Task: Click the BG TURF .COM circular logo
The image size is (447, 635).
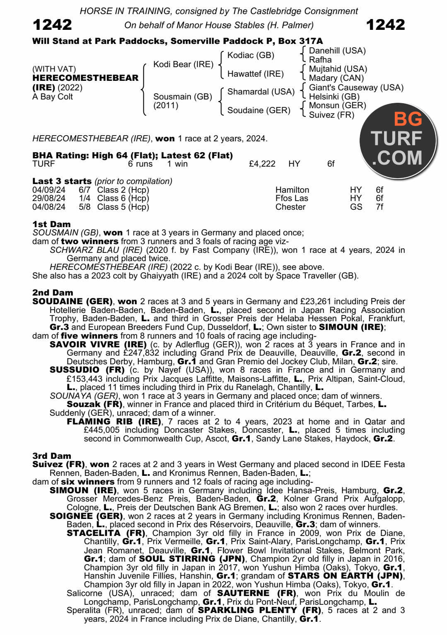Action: (398, 139)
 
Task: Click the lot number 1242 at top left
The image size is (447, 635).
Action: (52, 25)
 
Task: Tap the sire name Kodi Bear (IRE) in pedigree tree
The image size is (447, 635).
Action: (183, 64)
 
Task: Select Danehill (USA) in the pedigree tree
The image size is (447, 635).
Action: (337, 51)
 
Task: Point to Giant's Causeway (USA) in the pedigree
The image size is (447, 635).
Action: (356, 87)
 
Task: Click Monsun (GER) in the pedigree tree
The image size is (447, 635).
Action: (337, 105)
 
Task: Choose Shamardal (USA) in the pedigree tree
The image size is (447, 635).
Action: (261, 92)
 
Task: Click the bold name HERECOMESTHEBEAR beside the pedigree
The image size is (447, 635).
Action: (85, 78)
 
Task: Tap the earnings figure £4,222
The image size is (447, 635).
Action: (262, 164)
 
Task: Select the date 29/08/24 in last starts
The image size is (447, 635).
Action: (49, 198)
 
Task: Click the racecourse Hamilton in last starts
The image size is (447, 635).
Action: (292, 190)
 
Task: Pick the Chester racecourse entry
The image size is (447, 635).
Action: (290, 207)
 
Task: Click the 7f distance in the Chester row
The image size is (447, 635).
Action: (379, 207)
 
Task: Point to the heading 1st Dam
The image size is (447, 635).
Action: (51, 224)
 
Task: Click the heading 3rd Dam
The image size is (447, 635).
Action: (52, 456)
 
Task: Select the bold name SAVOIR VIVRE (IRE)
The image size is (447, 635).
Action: (98, 344)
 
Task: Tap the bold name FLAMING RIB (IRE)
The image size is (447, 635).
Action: (114, 422)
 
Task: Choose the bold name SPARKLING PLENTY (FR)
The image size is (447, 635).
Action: (259, 610)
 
